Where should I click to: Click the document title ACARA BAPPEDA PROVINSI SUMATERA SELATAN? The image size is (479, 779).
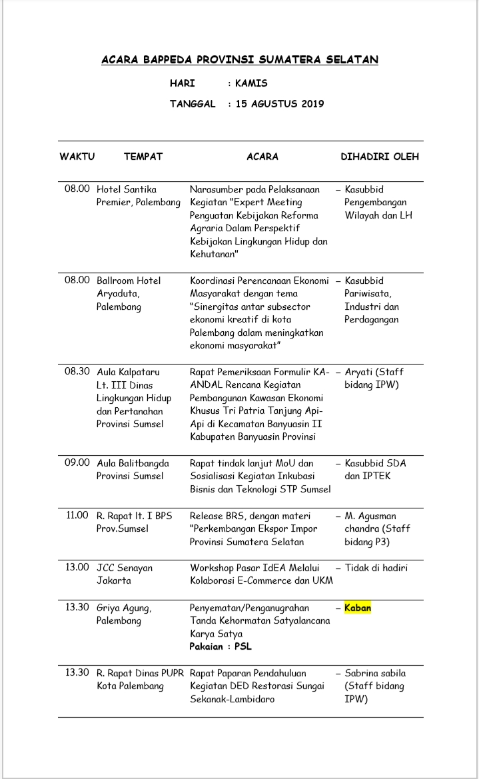(240, 60)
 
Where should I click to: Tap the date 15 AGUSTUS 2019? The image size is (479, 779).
(280, 104)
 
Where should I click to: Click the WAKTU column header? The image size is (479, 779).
(77, 157)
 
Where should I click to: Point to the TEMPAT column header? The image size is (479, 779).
(143, 157)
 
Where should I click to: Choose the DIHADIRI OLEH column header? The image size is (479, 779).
(380, 157)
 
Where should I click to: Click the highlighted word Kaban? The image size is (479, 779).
(358, 608)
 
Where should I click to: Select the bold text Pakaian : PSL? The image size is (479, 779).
(221, 646)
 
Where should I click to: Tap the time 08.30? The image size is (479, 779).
(77, 372)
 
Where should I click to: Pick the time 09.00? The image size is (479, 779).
(77, 463)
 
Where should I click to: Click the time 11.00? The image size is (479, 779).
(77, 515)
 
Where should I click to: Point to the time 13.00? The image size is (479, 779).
(77, 568)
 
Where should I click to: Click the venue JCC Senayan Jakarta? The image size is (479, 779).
(125, 574)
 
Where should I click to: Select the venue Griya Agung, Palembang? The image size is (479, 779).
(125, 614)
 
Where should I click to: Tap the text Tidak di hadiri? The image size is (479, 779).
(376, 568)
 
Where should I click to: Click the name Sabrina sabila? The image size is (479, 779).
(375, 673)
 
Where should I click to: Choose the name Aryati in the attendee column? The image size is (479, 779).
(360, 372)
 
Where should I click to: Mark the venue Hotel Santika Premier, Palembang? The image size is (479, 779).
(139, 196)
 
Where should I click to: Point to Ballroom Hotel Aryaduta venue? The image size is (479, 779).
(129, 287)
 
